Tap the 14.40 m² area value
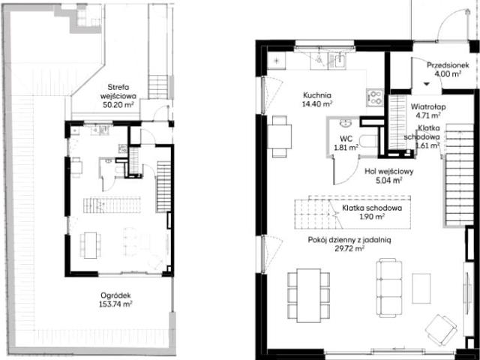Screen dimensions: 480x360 tap(317, 104)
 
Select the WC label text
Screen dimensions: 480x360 tap(346, 139)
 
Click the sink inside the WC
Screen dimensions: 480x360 tap(346, 123)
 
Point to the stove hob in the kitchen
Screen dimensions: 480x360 tap(375, 98)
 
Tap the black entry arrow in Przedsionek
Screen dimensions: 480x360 tap(427, 84)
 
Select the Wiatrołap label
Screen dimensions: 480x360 tap(428, 106)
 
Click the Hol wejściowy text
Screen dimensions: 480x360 tap(388, 172)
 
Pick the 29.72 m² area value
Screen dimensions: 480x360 tap(349, 248)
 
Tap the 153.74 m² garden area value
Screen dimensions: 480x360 tap(115, 304)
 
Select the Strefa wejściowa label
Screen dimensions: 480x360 tap(118, 91)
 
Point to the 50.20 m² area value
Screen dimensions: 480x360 tap(118, 105)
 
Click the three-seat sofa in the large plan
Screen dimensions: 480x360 tap(389, 288)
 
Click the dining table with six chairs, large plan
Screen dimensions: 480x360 tap(308, 295)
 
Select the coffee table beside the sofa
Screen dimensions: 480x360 tap(421, 288)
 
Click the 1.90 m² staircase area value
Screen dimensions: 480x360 tap(372, 217)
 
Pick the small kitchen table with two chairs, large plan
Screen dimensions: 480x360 tap(280, 136)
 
